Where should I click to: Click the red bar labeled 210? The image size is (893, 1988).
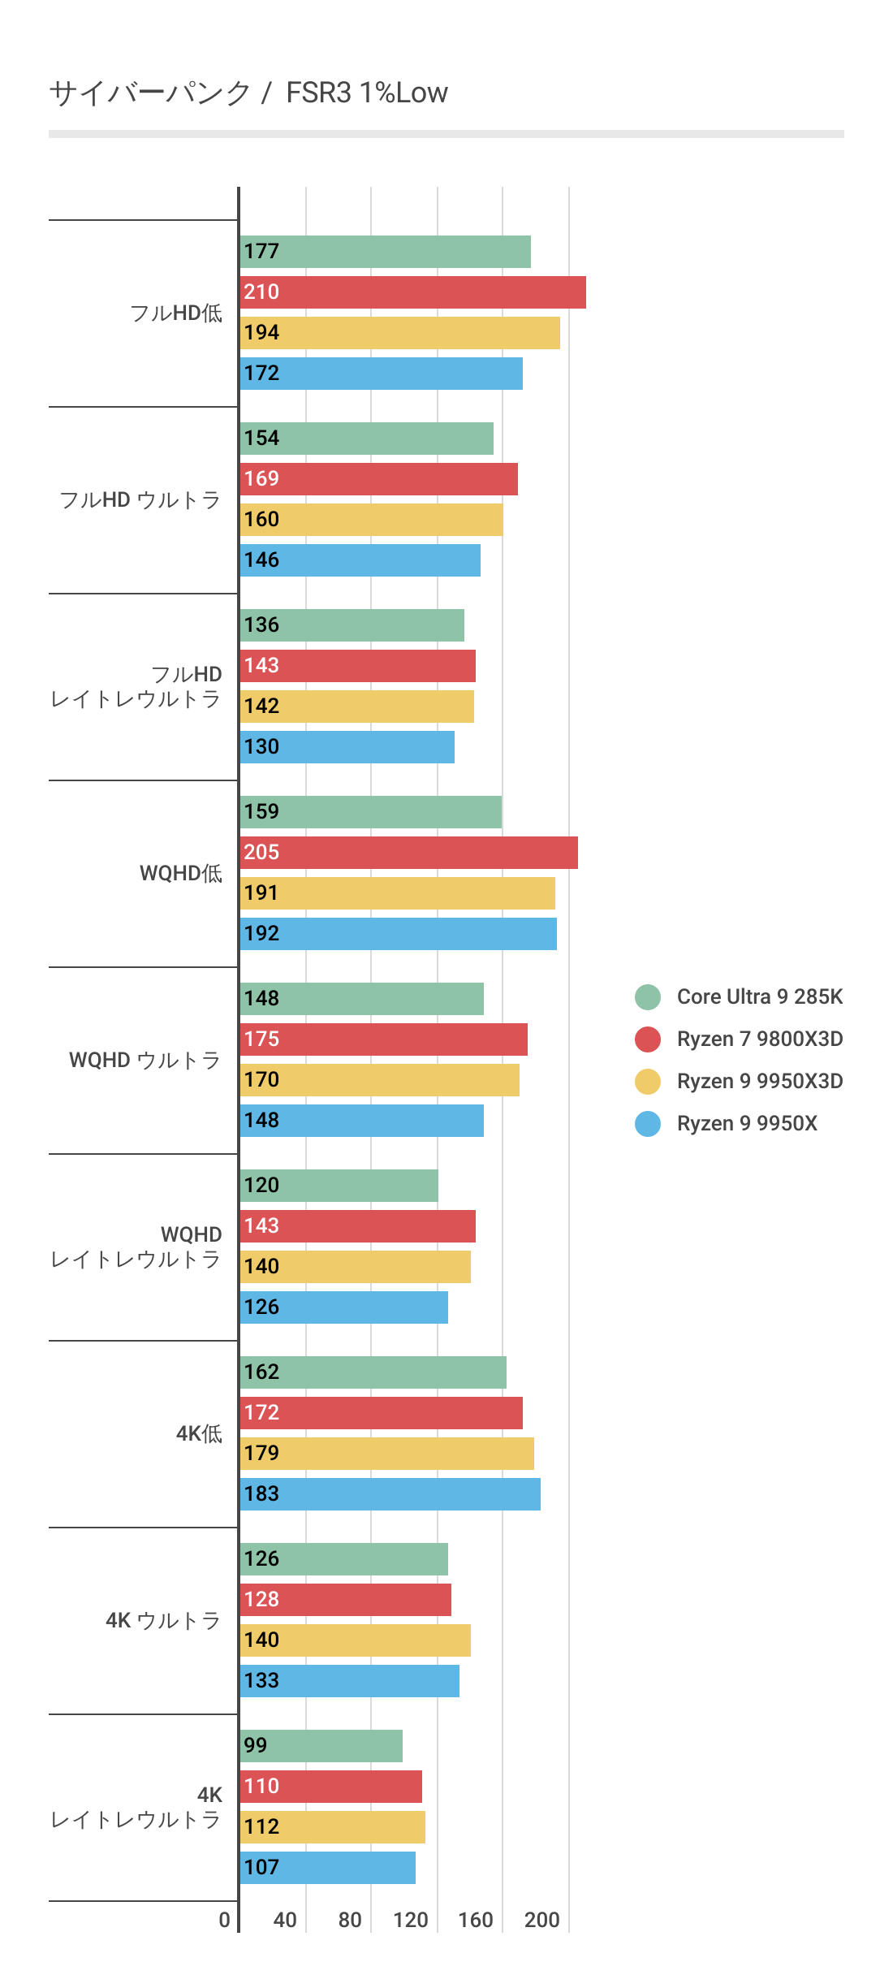412,292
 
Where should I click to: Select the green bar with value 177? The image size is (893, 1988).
386,252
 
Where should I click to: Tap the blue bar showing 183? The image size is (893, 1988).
390,1494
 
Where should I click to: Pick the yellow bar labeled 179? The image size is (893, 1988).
386,1454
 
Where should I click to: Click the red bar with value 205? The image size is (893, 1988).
408,853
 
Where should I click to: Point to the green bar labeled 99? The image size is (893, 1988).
321,1746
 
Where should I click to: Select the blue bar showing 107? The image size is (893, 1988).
328,1868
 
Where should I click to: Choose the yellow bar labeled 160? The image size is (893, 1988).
371,520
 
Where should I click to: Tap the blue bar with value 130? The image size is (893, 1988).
347,747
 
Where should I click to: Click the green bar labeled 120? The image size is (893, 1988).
339,1186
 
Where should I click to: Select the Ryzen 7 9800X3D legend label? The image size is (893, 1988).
759,1039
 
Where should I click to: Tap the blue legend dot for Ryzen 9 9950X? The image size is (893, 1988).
648,1123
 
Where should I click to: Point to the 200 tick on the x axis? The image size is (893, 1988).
541,1920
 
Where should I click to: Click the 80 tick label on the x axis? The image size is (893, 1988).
350,1920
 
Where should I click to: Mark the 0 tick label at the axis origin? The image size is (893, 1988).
225,1920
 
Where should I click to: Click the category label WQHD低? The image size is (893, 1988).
180,873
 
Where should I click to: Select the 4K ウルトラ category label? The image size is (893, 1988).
163,1620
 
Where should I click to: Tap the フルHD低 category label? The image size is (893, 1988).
176,313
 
